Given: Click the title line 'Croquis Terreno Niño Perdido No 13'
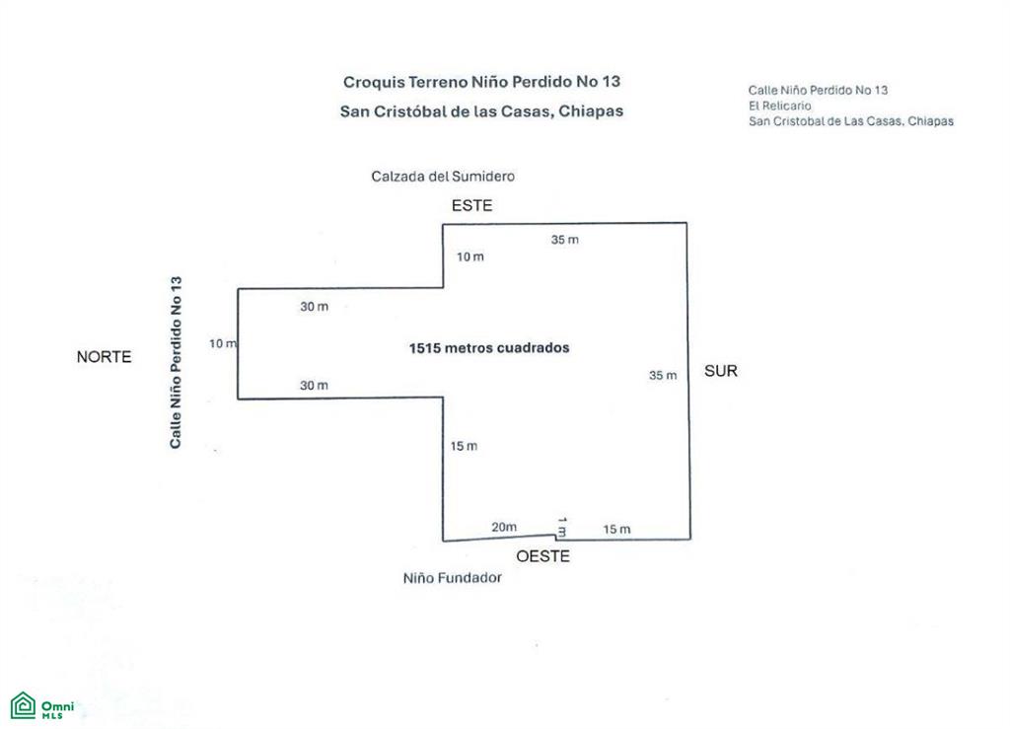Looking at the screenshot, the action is [481, 82].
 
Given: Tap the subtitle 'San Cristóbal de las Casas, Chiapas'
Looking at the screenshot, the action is [481, 111].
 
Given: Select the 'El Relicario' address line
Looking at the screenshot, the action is [779, 106].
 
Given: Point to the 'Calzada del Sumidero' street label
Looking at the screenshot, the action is [443, 177].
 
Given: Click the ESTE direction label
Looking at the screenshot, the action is [471, 205].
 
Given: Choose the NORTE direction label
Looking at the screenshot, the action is [104, 357].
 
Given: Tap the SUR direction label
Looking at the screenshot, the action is [721, 371].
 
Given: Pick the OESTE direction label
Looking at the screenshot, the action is [543, 556].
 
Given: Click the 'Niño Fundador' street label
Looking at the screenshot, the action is [452, 578].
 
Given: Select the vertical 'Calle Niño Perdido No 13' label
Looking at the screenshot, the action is [176, 363].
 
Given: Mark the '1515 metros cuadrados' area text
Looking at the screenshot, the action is [489, 348].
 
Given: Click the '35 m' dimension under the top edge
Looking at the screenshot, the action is [564, 240].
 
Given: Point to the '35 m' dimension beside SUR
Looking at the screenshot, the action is [663, 376].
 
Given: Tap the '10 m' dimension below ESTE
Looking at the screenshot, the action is [470, 256].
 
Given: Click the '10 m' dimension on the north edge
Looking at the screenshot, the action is [223, 344].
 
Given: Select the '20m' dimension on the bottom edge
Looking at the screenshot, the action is [504, 527].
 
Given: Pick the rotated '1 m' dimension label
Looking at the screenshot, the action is [561, 527].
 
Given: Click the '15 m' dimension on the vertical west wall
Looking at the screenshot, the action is [464, 446].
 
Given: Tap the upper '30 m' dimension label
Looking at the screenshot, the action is [314, 307].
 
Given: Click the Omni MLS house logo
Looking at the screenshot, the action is [24, 705].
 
